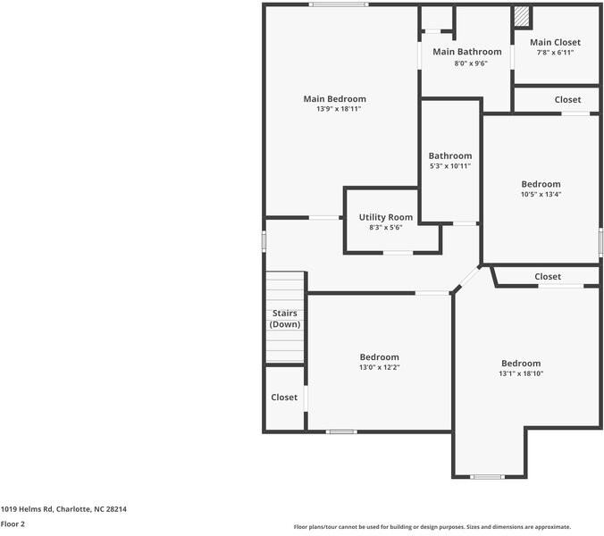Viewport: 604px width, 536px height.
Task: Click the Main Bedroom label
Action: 334,99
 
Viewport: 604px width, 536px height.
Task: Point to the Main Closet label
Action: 555,42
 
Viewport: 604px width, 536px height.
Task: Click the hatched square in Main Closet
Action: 522,17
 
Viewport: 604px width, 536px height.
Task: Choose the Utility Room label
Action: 386,217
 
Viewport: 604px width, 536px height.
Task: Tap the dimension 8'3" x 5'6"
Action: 386,228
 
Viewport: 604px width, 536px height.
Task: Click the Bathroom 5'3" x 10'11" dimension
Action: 449,166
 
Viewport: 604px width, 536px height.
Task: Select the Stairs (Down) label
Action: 285,319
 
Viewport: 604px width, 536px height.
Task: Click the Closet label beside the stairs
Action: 284,398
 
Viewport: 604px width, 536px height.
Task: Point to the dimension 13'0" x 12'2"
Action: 380,367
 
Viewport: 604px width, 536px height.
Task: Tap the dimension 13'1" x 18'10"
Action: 521,373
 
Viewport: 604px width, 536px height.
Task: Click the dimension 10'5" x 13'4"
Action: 541,194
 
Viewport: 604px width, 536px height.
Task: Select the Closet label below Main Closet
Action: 567,100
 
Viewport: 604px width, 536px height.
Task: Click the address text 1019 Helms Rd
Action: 63,509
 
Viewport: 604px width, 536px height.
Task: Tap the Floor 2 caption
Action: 13,524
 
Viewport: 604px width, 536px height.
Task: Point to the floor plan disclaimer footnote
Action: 432,527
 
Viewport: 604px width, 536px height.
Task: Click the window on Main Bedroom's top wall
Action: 339,4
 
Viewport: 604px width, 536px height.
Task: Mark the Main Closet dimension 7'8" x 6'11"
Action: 555,53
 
